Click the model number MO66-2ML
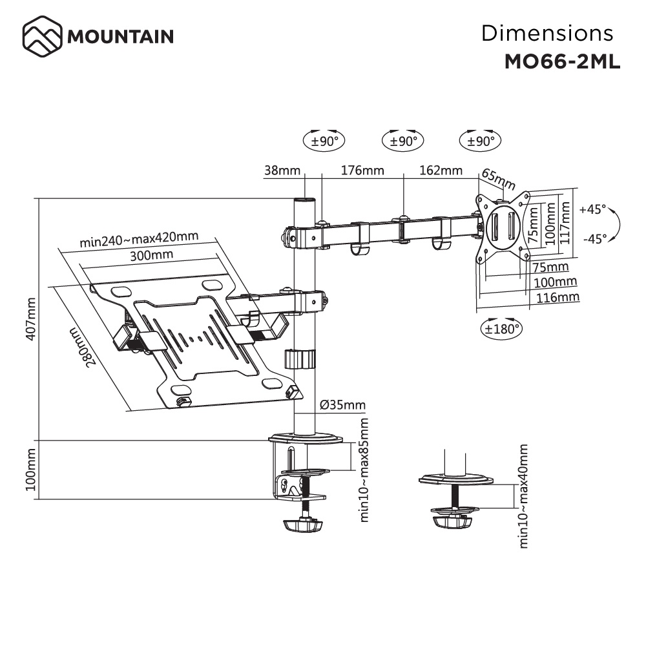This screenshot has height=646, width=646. point(561,61)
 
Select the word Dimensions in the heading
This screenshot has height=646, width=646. point(547,33)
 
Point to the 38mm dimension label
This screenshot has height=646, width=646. point(282,171)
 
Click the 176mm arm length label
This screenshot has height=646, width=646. point(362,171)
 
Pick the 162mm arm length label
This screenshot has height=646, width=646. point(441,171)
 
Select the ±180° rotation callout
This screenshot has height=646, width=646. point(501,329)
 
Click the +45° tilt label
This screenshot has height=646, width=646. point(592,210)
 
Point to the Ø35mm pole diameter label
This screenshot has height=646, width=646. point(342,406)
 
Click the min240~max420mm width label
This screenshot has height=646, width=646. point(138,240)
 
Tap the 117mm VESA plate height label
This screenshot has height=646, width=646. point(566,220)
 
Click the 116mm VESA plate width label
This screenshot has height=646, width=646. point(557,297)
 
